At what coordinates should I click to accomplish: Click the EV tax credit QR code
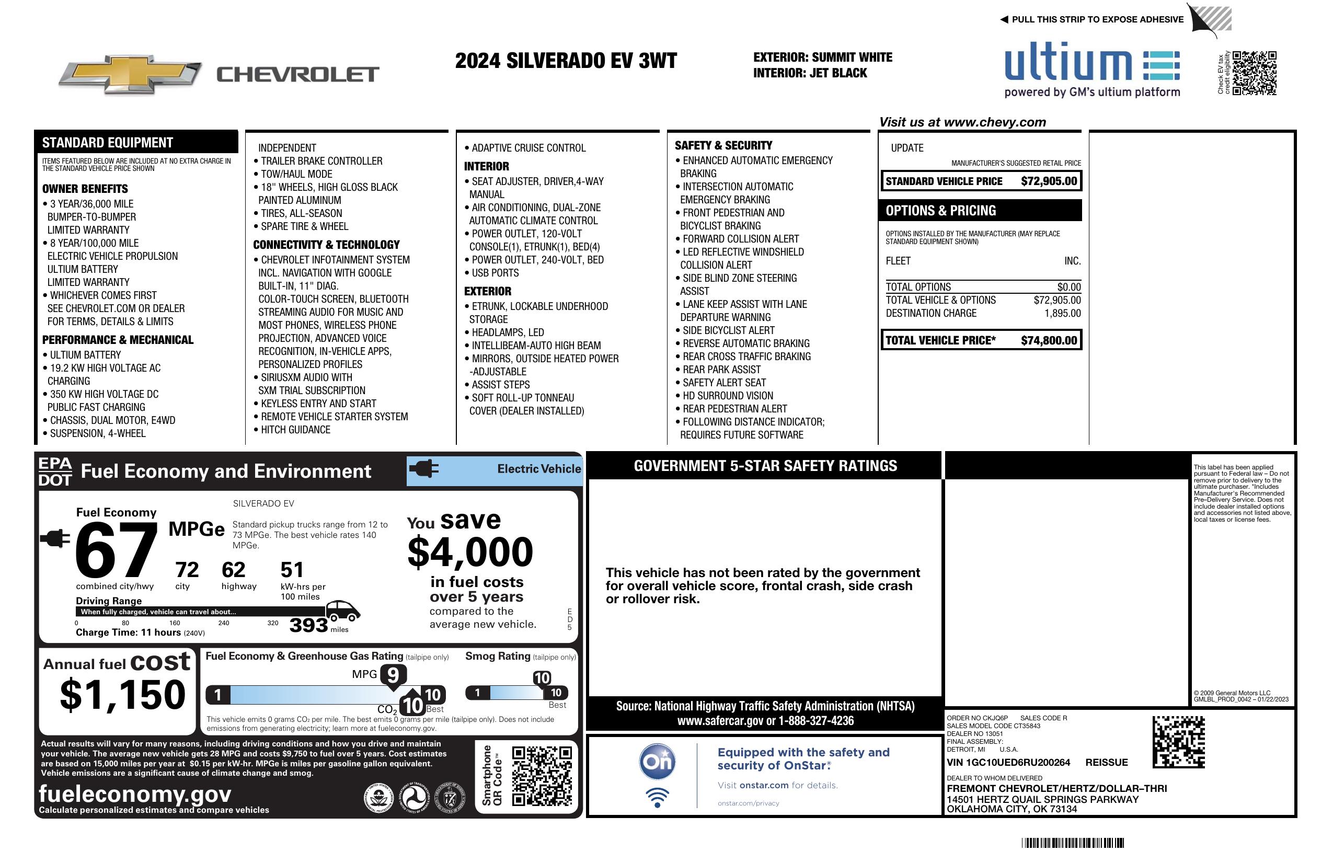[1254, 73]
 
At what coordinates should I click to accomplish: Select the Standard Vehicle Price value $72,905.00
[1049, 181]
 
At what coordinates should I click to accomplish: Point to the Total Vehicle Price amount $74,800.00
[1049, 340]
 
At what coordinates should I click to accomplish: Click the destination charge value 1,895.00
[1062, 313]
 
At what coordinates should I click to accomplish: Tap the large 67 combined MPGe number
[116, 550]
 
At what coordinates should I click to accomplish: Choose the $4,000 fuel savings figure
[470, 551]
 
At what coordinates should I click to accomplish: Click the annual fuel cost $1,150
[123, 695]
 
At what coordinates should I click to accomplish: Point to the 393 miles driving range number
[308, 625]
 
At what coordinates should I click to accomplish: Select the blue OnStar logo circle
[657, 762]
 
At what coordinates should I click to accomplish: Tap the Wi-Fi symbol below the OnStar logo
[657, 797]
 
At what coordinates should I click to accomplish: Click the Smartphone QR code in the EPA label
[542, 776]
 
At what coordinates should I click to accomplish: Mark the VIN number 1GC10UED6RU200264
[1008, 762]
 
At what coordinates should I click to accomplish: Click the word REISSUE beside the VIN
[1106, 762]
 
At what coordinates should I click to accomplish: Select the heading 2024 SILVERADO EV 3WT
[566, 61]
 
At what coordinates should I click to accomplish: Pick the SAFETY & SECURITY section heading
[723, 145]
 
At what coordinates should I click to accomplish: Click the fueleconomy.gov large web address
[135, 793]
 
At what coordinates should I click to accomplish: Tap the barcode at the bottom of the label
[1073, 843]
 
